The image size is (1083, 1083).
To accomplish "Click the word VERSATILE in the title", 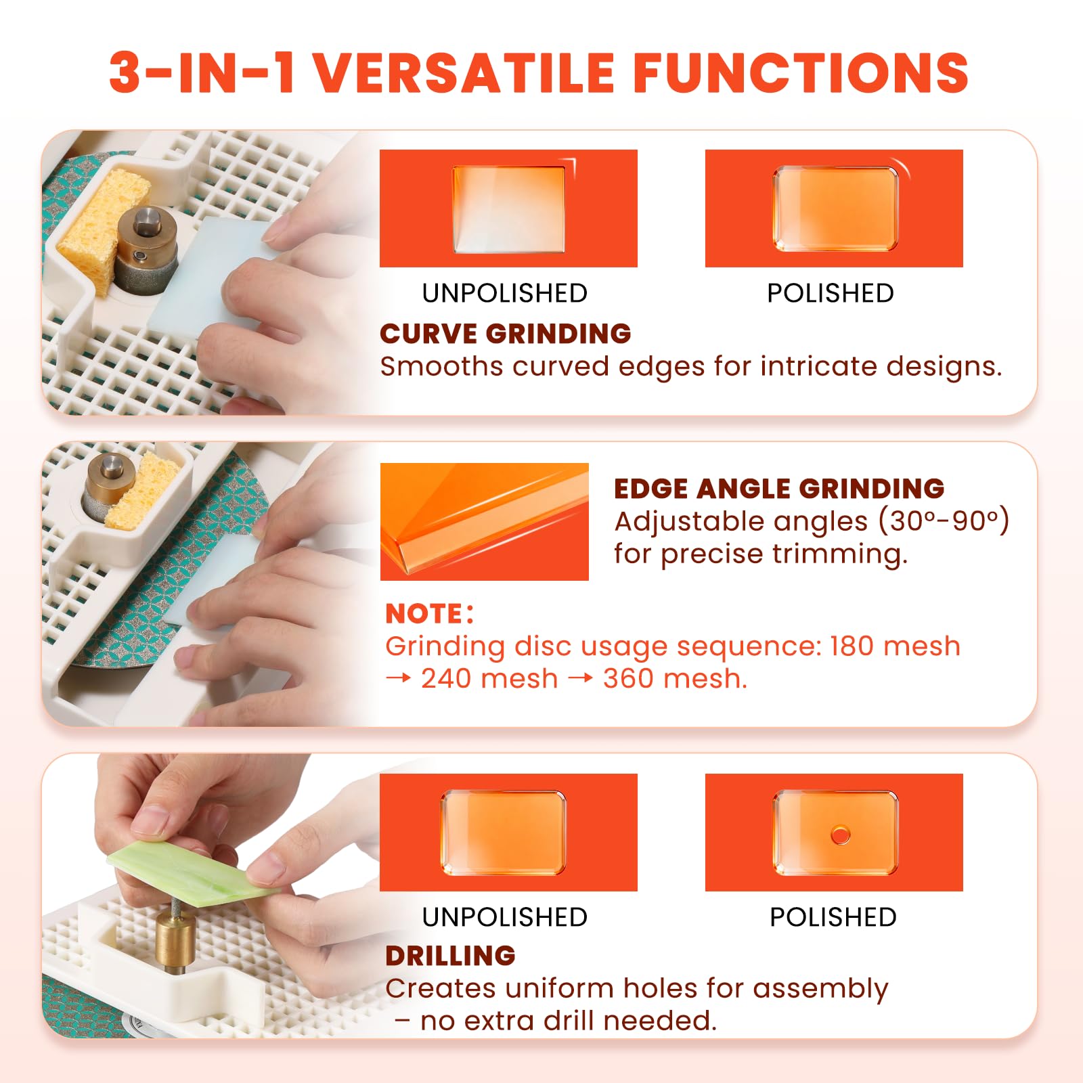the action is [x=464, y=72].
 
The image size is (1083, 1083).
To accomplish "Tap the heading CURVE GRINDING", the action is [x=505, y=334].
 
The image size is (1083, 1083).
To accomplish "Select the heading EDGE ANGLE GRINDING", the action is [x=779, y=488].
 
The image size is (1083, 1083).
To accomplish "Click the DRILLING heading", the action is [x=450, y=956].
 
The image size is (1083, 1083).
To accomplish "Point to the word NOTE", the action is [x=424, y=614].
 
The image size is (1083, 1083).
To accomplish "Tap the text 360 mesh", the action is [x=674, y=678].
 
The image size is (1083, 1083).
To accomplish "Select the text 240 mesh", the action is [x=489, y=678].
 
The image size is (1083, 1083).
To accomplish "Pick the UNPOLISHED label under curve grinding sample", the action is [x=505, y=293].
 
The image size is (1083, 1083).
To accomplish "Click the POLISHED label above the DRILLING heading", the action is [x=833, y=917].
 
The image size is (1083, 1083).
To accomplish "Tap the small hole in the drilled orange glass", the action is [x=841, y=835].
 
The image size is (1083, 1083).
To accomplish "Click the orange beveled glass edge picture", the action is [x=485, y=522].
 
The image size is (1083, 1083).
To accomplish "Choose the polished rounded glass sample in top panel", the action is [x=835, y=208].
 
